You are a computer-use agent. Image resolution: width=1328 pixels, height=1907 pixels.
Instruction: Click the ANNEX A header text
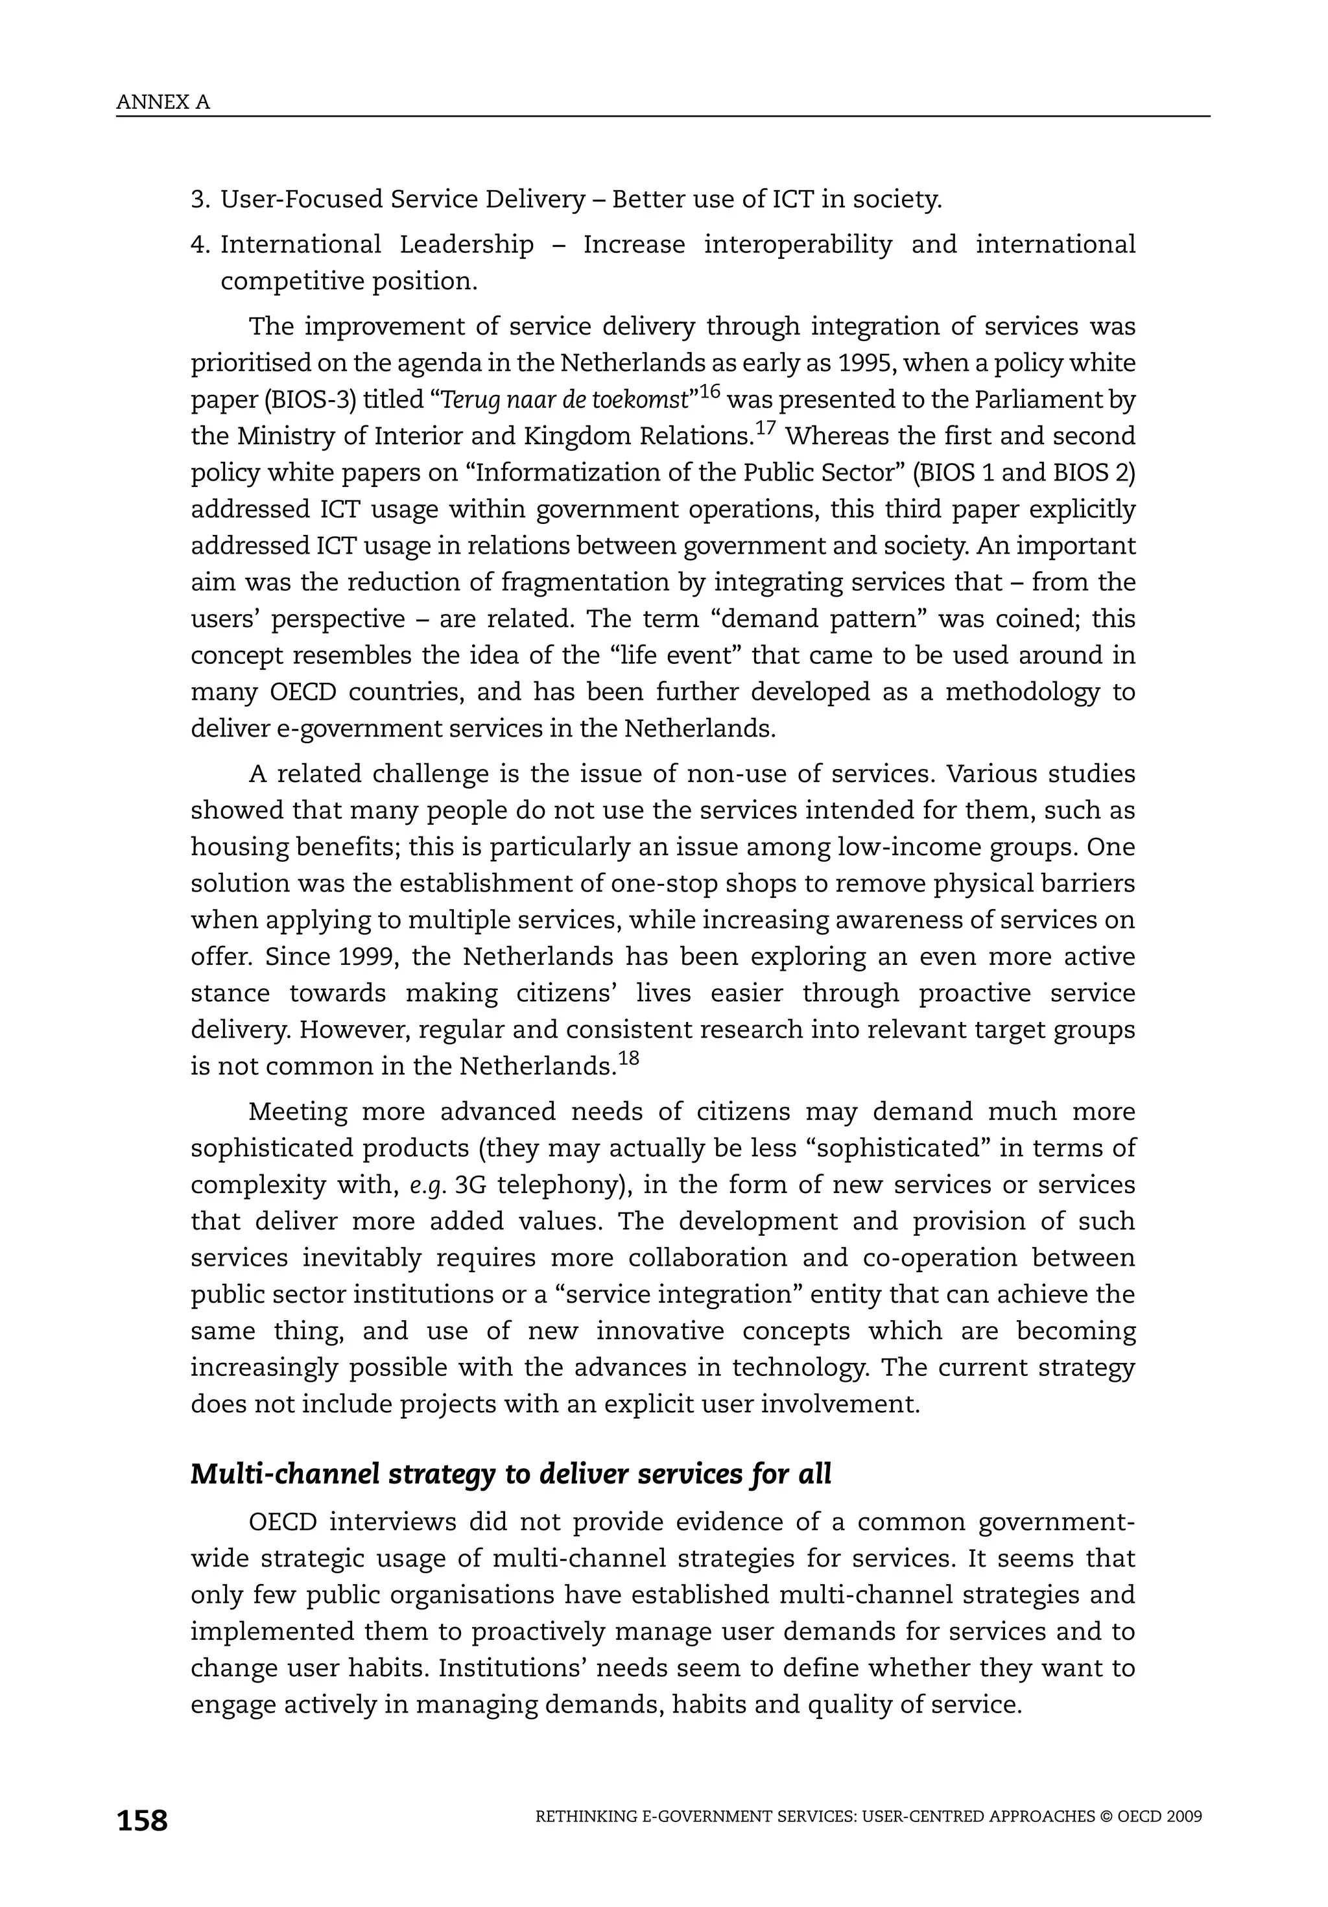point(163,102)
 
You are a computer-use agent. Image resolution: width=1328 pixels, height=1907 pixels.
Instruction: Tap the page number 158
point(142,1821)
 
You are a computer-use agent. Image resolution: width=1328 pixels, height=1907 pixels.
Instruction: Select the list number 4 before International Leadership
point(198,244)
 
